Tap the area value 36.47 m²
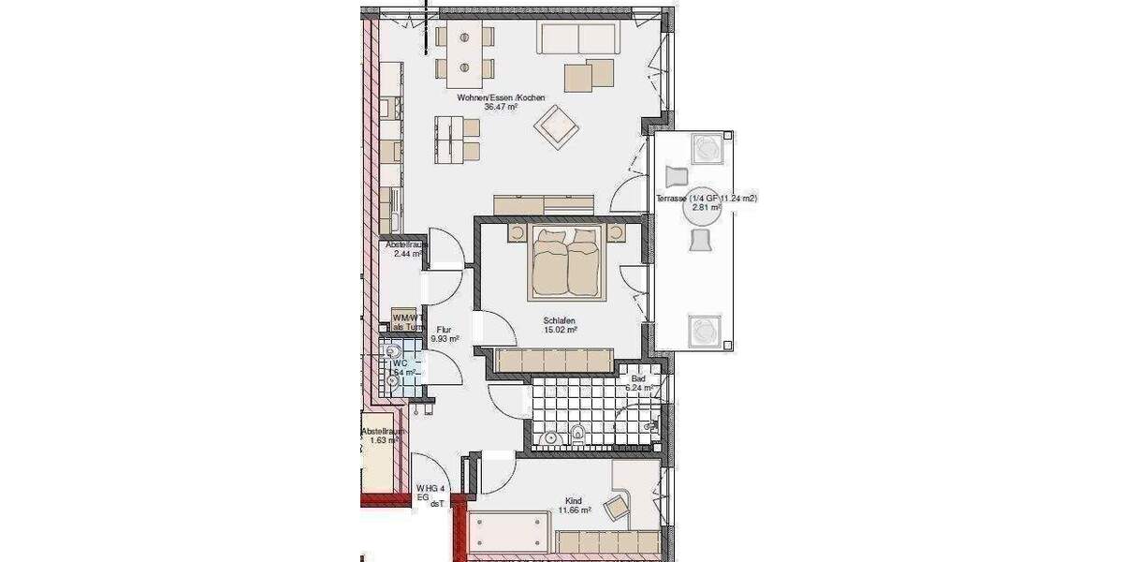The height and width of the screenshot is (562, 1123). [x=501, y=107]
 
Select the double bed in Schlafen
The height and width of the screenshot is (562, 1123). [x=566, y=262]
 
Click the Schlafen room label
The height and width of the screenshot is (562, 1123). [x=559, y=319]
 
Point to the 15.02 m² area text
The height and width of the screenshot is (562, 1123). [x=560, y=330]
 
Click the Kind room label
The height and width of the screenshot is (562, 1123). [x=574, y=500]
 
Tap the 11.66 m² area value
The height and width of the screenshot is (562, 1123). [x=574, y=510]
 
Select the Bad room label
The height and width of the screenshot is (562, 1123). [x=638, y=377]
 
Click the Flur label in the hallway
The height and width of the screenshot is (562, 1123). [x=444, y=329]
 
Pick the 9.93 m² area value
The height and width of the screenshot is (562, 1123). [x=444, y=339]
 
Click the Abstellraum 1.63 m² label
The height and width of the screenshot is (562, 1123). [x=384, y=435]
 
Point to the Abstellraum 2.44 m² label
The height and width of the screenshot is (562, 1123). [x=406, y=249]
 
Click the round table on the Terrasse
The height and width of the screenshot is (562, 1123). [x=701, y=207]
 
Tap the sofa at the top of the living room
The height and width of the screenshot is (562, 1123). [x=577, y=39]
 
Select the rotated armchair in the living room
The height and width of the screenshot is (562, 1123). [x=556, y=126]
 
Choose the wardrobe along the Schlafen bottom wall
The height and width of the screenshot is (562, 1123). [x=553, y=360]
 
